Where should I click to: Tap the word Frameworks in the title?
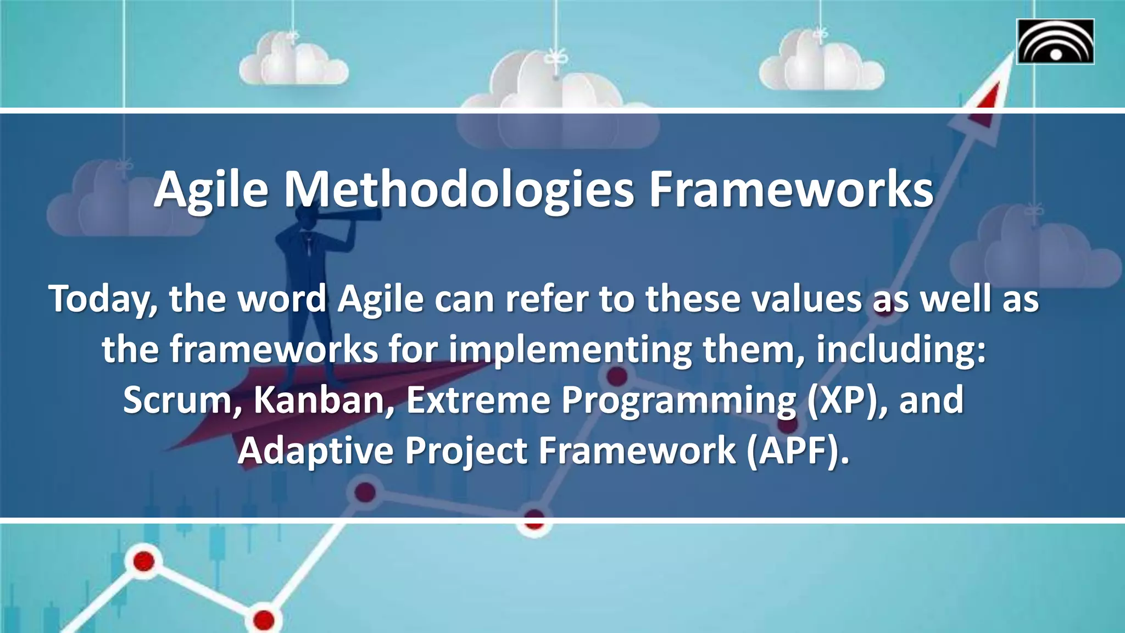tap(791, 190)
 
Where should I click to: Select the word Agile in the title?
tap(211, 190)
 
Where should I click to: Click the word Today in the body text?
tap(102, 299)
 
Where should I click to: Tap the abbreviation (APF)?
tap(797, 451)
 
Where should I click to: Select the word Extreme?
tap(478, 400)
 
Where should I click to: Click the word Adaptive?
tap(316, 451)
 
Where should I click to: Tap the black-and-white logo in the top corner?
tap(1055, 42)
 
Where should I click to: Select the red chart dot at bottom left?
tap(143, 562)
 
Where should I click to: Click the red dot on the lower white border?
tap(534, 519)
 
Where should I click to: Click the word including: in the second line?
tap(901, 350)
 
